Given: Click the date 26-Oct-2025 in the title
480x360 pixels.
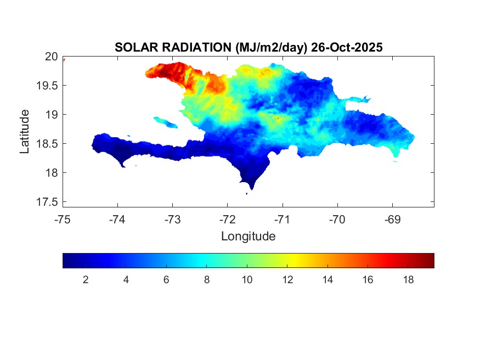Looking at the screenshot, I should [347, 48].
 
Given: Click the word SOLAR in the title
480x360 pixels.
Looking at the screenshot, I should [132, 48].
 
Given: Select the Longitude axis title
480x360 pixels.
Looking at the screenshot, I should [248, 237].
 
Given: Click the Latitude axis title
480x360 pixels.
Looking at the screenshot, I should [25, 131].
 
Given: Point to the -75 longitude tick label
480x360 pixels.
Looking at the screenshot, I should [63, 220].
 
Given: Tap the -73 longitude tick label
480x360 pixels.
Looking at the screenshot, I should [172, 220].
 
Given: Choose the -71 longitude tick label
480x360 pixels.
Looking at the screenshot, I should [283, 220].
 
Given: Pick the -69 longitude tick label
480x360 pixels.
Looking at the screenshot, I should [392, 220].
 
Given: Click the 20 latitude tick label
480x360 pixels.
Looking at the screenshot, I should [51, 57].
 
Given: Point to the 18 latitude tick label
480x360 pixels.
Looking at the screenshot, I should [51, 173].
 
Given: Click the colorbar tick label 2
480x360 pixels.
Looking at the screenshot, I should [86, 280].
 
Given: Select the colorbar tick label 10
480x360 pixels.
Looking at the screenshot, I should [247, 280].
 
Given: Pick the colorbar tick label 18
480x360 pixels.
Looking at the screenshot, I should [408, 280].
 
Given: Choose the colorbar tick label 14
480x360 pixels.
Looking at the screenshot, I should [327, 280].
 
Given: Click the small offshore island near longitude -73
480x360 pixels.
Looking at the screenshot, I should [164, 121].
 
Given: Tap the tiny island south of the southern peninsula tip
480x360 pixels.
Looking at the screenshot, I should [246, 193].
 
